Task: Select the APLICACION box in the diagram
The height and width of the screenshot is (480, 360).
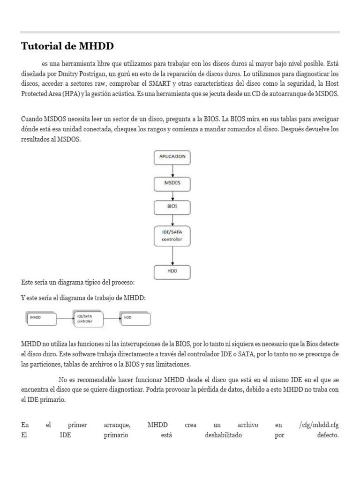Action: click(172, 157)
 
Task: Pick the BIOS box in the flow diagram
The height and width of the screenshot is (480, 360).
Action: click(172, 206)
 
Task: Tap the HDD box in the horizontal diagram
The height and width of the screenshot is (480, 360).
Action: click(135, 318)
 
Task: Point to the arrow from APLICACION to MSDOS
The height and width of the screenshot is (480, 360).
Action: click(172, 169)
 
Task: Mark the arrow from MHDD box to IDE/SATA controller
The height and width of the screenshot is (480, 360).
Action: click(64, 318)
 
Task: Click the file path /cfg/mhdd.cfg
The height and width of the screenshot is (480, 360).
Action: click(318, 425)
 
